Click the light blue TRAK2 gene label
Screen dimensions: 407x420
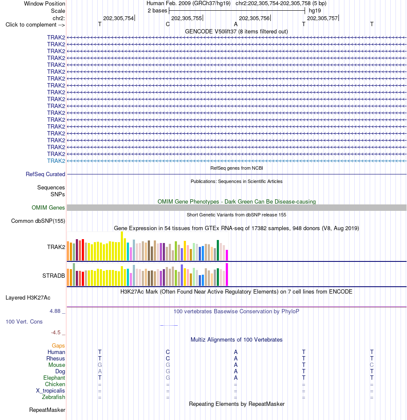(56, 161)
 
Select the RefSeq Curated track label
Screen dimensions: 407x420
(45, 174)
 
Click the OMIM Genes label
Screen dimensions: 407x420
(48, 207)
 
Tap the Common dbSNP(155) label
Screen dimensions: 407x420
(38, 221)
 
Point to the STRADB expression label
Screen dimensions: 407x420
(54, 276)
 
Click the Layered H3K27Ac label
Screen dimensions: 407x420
(28, 297)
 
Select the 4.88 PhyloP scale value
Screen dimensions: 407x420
(55, 311)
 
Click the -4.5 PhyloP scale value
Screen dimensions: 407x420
(56, 333)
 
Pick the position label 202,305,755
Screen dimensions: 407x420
(187, 18)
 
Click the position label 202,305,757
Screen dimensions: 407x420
(322, 18)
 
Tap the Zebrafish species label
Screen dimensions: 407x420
(54, 397)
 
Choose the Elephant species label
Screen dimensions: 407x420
(54, 378)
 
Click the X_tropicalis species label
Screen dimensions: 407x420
(51, 390)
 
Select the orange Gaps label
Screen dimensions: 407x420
(58, 345)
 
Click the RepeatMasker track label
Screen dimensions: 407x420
(47, 410)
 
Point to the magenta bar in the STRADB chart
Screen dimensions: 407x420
(227, 275)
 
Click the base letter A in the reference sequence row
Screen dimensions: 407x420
(236, 24)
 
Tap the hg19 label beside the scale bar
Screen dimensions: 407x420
(314, 11)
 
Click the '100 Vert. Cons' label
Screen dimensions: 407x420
(24, 321)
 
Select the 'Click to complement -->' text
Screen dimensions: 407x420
(35, 25)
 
